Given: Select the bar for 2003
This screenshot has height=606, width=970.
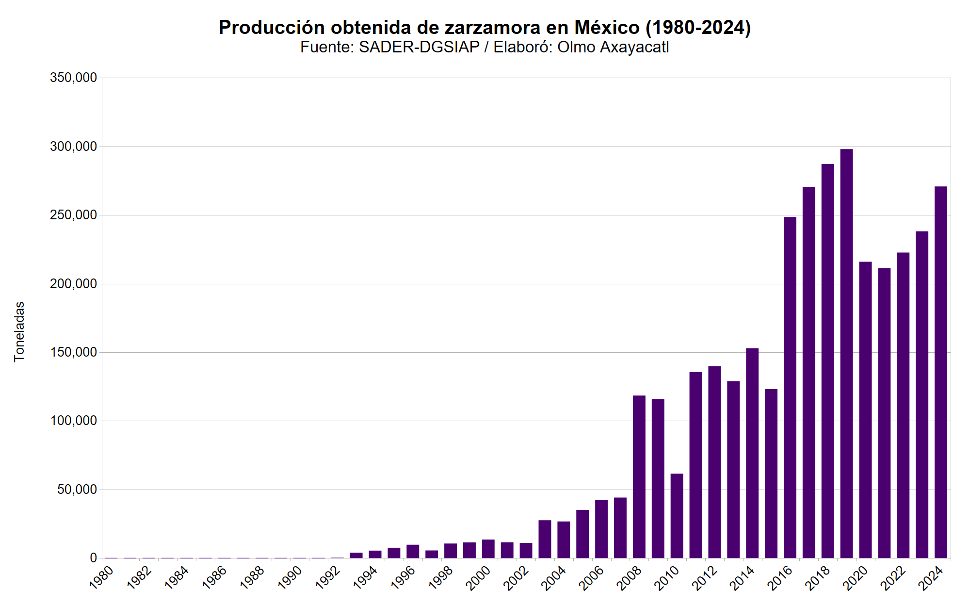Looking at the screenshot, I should (x=545, y=539).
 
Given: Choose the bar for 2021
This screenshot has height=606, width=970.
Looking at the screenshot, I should (x=884, y=413).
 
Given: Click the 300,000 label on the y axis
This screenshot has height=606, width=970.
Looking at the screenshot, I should (x=73, y=147).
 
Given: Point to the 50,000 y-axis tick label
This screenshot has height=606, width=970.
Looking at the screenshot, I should (x=77, y=490).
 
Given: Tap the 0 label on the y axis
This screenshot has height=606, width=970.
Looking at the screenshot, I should (x=93, y=558).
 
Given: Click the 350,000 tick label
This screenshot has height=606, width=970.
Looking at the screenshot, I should (x=73, y=78).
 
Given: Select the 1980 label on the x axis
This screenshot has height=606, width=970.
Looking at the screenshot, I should (x=102, y=577).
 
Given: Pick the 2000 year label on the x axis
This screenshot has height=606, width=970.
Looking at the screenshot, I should (x=479, y=578).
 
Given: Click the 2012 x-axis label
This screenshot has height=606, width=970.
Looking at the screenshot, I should (x=705, y=578).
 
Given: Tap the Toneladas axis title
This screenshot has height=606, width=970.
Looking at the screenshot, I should (x=19, y=332).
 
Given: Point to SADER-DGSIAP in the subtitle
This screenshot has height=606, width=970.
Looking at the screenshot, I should (x=419, y=47).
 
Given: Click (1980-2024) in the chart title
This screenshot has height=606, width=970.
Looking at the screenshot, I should (x=698, y=28).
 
